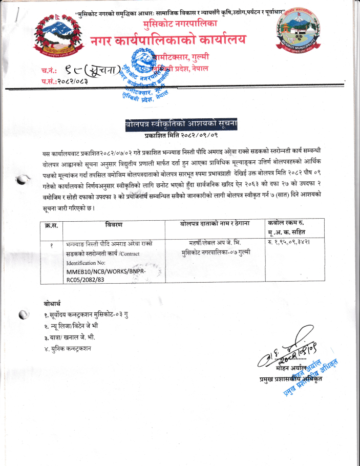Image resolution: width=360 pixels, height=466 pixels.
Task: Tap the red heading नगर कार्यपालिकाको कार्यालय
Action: coord(168,40)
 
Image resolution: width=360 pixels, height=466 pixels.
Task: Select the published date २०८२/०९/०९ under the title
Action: coord(197,135)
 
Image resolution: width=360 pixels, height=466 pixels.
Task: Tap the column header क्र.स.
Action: coord(52,225)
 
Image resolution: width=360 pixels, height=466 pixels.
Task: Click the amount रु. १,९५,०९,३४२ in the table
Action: coord(290,243)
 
